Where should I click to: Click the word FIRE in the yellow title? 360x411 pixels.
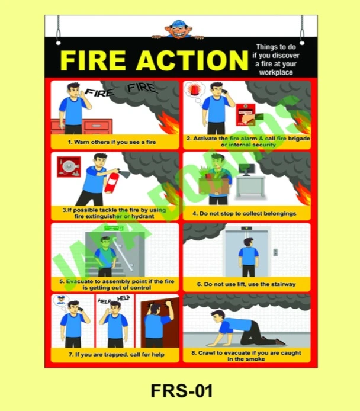click(94, 61)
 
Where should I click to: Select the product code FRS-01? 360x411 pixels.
click(181, 391)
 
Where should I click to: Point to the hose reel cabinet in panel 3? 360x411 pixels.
click(69, 168)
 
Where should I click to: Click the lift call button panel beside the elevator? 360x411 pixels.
click(275, 252)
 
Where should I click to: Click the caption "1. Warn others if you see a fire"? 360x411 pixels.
click(111, 142)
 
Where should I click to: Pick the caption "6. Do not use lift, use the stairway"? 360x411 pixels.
click(246, 284)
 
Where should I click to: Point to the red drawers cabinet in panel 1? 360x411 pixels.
click(80, 127)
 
